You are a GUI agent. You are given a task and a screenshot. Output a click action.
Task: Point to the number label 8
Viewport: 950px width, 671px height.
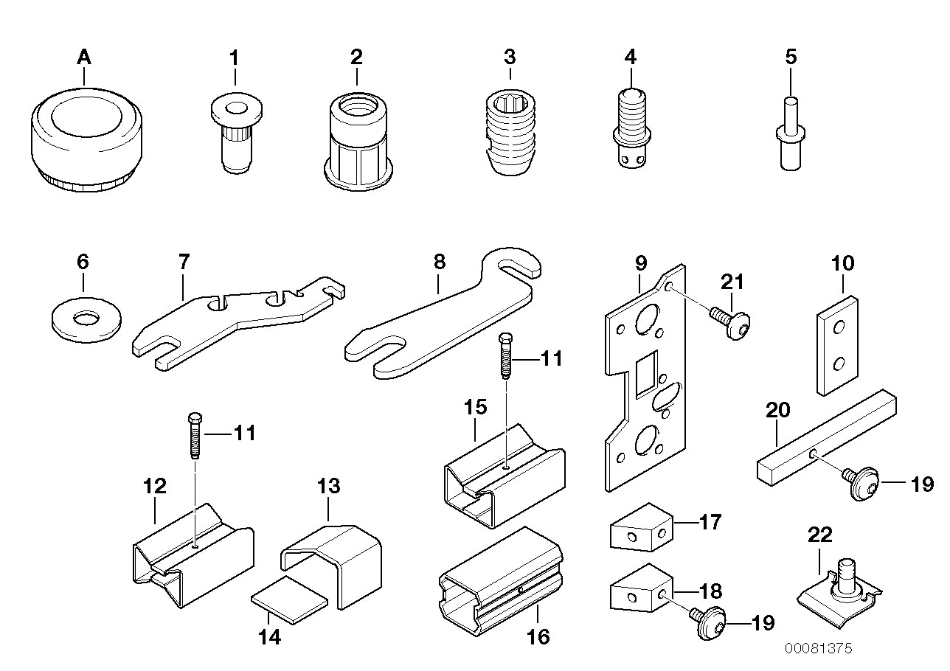point(440,261)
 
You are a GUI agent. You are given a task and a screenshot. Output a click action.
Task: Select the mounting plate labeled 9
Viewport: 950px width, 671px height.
point(648,376)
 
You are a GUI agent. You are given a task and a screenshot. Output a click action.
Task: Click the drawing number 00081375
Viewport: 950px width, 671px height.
point(818,649)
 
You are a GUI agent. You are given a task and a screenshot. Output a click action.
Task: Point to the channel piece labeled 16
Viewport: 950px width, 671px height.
point(502,575)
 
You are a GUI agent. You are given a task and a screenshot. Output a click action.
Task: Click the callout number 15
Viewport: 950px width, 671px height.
point(476,407)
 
